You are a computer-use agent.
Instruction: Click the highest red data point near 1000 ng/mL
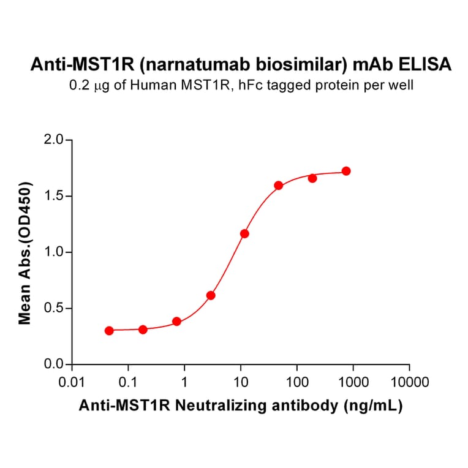click(x=346, y=171)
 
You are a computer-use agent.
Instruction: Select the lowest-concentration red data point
click(x=109, y=331)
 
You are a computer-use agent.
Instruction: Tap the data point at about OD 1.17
click(x=245, y=233)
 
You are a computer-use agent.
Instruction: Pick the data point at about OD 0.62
click(x=211, y=295)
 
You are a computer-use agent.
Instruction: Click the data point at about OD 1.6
click(x=279, y=186)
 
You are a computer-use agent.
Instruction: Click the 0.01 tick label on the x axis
click(x=72, y=383)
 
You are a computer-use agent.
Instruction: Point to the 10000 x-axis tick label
click(x=409, y=383)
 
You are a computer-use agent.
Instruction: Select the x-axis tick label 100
click(x=297, y=383)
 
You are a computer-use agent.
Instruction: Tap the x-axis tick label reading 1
click(x=184, y=383)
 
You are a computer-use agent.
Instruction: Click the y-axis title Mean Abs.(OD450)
click(x=26, y=252)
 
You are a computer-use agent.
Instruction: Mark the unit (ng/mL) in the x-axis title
click(x=372, y=406)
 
